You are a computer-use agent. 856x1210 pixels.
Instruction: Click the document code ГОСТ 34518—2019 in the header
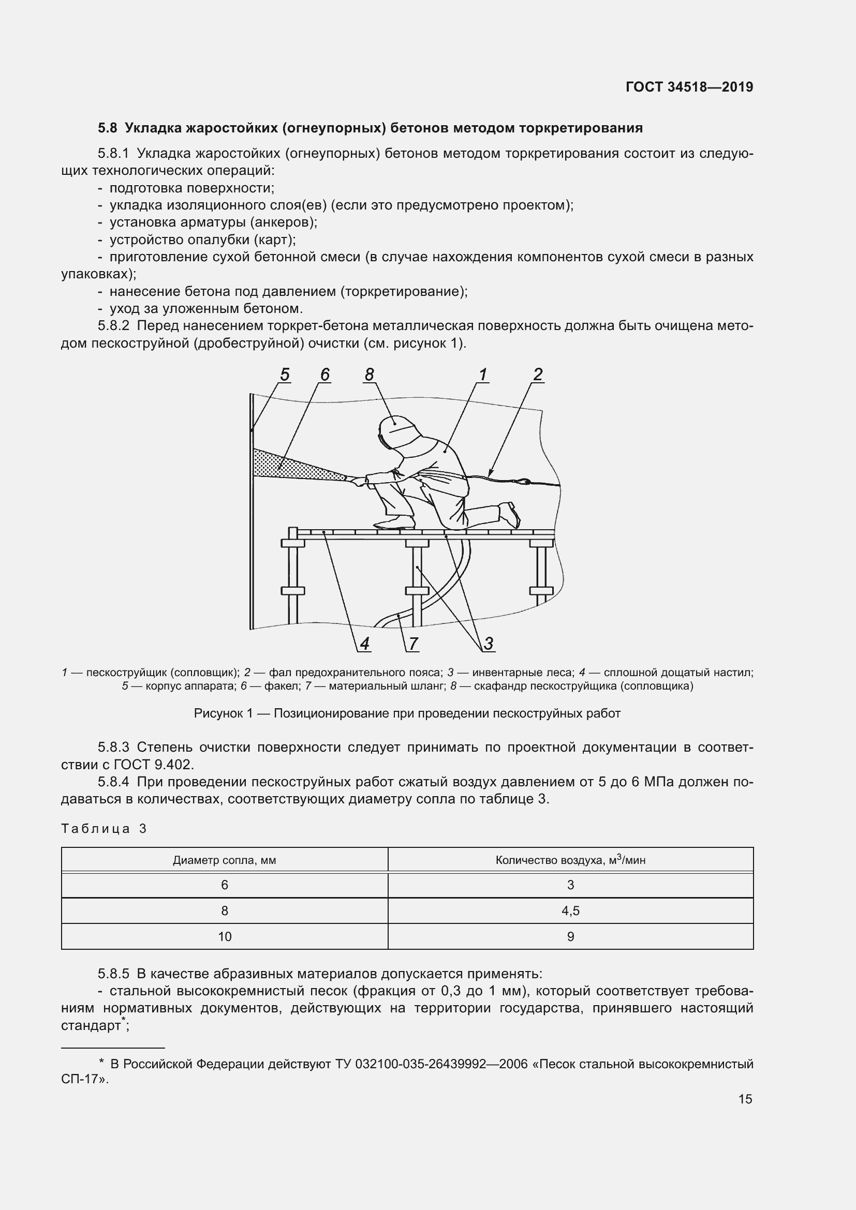pyautogui.click(x=689, y=87)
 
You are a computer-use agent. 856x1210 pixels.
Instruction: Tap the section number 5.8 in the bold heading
pyautogui.click(x=107, y=128)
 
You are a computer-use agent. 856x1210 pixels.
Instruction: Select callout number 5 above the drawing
pyautogui.click(x=285, y=374)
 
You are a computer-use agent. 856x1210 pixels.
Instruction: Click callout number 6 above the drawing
pyautogui.click(x=324, y=374)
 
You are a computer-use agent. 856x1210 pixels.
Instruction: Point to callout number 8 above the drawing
pyautogui.click(x=369, y=374)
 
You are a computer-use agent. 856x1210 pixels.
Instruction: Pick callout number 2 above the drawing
pyautogui.click(x=538, y=374)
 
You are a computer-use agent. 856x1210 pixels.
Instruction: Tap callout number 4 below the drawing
pyautogui.click(x=365, y=644)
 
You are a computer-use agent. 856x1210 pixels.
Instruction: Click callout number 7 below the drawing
pyautogui.click(x=413, y=644)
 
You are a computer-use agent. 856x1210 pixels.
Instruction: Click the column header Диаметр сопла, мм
pyautogui.click(x=225, y=860)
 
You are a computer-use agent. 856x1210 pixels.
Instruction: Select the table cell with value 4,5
pyautogui.click(x=570, y=910)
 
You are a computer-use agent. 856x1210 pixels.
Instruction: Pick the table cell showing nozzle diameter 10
pyautogui.click(x=225, y=936)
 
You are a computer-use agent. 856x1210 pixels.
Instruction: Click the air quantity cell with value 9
pyautogui.click(x=570, y=936)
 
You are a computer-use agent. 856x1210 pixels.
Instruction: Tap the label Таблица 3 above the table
pyautogui.click(x=104, y=828)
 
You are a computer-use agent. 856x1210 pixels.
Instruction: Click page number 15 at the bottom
pyautogui.click(x=745, y=1099)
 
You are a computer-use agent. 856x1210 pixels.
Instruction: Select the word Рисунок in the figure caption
pyautogui.click(x=216, y=713)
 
